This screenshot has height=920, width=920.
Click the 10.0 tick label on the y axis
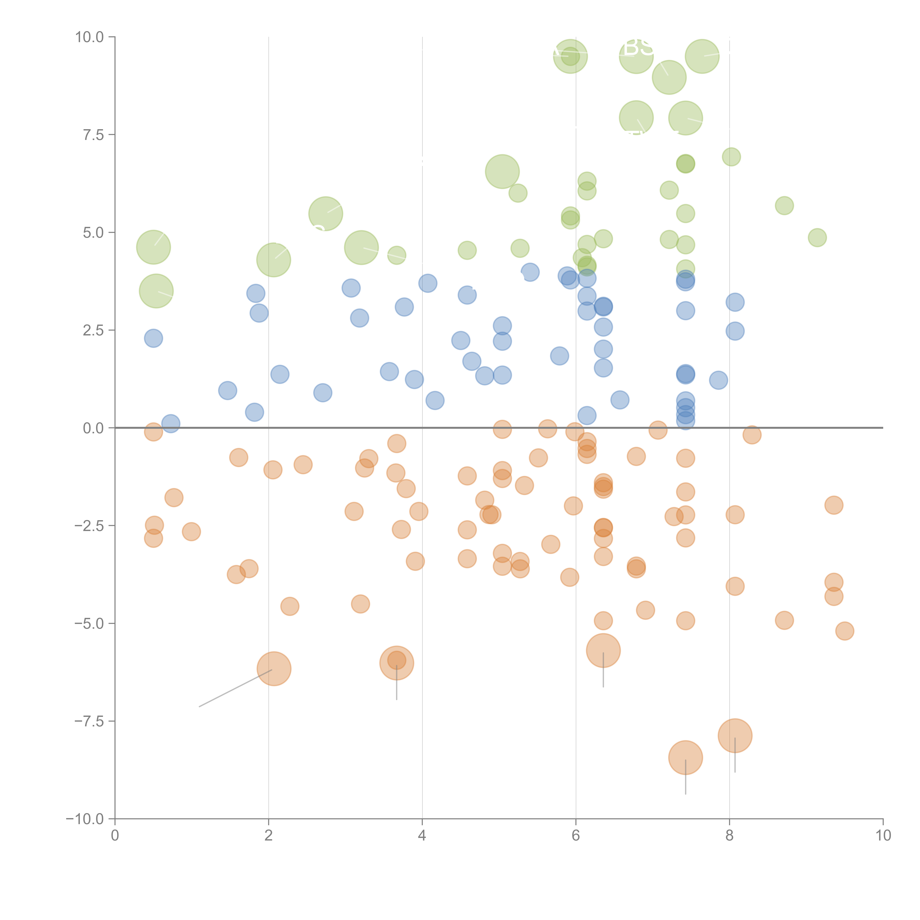point(90,37)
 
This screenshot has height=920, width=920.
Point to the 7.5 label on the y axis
point(93,135)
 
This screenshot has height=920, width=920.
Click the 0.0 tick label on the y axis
point(93,428)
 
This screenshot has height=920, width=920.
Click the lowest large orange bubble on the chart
point(685,758)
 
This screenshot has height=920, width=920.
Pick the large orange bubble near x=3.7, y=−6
point(397,663)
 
